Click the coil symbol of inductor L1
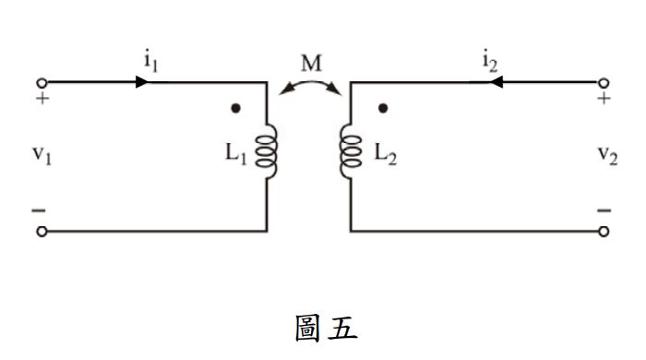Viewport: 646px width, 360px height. coord(269,150)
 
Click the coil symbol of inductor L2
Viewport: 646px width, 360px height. coord(348,150)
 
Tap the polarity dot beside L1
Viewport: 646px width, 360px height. coord(236,109)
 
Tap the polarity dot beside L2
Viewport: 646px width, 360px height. coord(383,109)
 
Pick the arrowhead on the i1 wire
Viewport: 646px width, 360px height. coord(141,81)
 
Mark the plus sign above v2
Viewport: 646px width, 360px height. coord(604,97)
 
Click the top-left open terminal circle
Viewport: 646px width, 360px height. coord(40,81)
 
